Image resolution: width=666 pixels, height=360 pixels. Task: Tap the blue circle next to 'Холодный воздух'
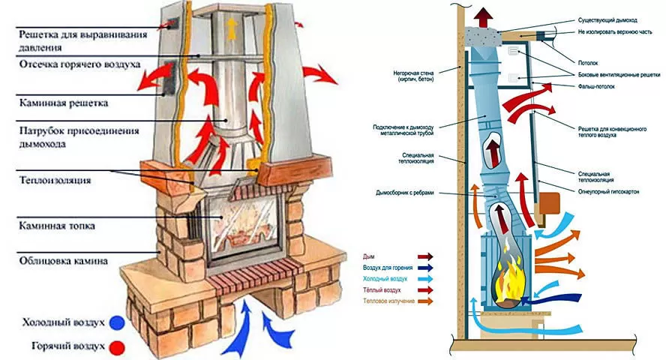tap(116, 323)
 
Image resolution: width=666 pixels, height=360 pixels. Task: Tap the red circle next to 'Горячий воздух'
tap(116, 346)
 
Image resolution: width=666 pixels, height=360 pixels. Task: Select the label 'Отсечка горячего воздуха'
tap(79, 64)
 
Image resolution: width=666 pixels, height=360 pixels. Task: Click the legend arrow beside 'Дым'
tap(424, 256)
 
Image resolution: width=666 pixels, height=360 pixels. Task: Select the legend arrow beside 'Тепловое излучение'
tap(424, 301)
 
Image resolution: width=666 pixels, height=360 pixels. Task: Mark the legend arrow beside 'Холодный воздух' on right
tap(424, 278)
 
